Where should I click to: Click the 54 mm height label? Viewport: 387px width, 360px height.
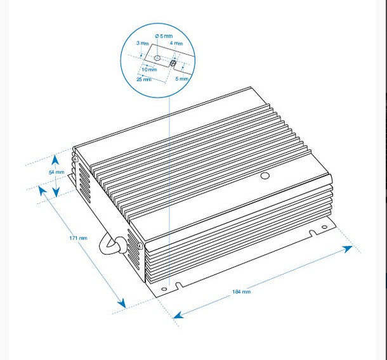coord(56,172)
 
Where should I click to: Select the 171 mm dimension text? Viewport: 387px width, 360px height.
coord(78,238)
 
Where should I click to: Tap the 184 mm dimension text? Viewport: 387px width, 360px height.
coord(241,292)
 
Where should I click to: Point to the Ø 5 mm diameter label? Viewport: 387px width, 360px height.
coord(164,36)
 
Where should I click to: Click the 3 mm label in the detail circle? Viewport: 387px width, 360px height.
coord(143,43)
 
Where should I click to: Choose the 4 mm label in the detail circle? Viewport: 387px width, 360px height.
coord(176,43)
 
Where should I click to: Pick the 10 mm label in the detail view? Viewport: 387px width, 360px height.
coord(149,70)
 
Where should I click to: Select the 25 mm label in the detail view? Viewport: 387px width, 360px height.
coord(144,79)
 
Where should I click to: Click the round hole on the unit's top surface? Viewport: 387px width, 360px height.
coord(265,176)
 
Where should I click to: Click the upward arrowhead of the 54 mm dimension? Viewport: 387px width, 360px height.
coord(55,159)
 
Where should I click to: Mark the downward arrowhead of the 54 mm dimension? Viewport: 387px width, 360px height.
coord(56,192)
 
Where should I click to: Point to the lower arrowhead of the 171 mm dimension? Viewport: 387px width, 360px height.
coord(122,304)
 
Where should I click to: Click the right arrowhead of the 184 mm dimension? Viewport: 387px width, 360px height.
coord(348,249)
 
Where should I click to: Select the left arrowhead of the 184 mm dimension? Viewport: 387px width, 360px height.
coord(178,315)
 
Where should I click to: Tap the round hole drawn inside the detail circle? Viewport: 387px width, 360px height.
coord(157,58)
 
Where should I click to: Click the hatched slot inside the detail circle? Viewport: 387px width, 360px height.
coord(173,63)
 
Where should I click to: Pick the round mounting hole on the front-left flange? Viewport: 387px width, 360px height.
coord(164,289)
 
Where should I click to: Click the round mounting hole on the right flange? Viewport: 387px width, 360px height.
coord(325,227)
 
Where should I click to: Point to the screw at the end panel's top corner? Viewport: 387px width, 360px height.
coord(76,159)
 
